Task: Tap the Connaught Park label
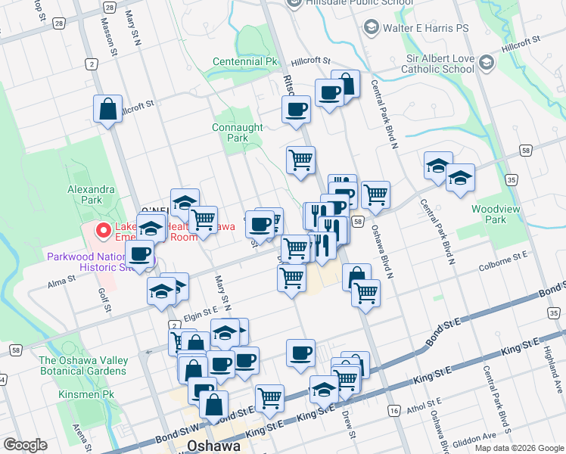point(237,132)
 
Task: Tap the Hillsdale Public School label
point(360,3)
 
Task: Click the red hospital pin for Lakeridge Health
point(102,229)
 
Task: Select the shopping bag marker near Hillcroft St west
point(108,109)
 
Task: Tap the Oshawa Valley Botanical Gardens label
point(84,365)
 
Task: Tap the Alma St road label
point(61,278)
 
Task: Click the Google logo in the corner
point(25,445)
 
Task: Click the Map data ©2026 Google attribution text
point(518,448)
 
